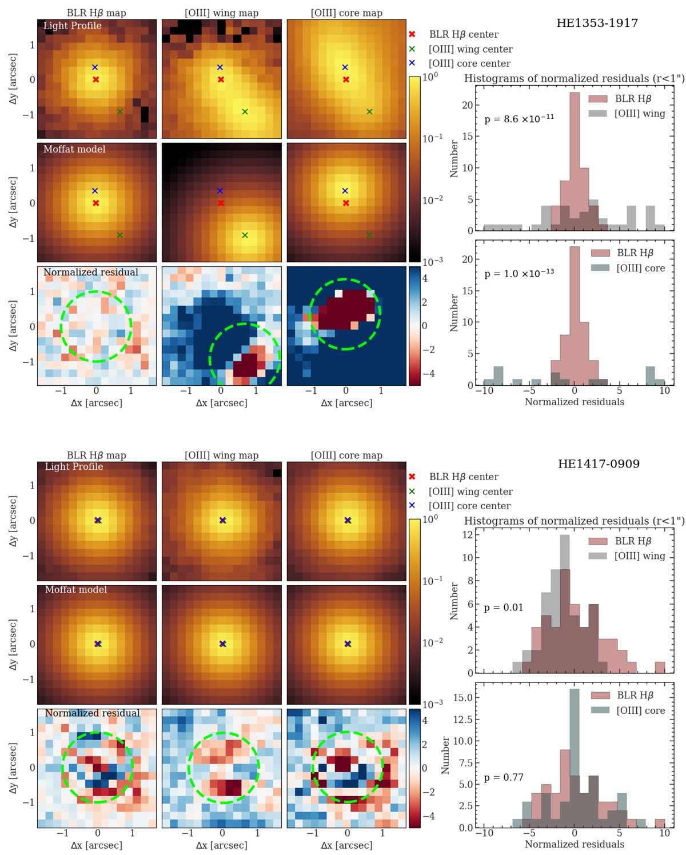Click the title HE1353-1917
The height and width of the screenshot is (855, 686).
(597, 23)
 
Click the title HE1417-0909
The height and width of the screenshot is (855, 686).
(599, 464)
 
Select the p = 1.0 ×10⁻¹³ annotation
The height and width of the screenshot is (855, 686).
(519, 274)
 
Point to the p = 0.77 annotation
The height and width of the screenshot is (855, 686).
(504, 777)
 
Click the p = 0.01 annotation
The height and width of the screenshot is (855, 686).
(504, 608)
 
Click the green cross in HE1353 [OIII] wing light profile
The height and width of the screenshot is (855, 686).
(245, 112)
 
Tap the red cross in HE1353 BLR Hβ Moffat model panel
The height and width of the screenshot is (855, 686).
(96, 203)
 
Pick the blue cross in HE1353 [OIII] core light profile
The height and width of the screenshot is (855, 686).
(345, 67)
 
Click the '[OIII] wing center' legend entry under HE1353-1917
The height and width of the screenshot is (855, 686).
(470, 49)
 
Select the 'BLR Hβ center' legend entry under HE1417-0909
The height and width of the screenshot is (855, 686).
(463, 477)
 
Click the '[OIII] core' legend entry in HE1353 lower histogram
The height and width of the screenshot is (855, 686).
(640, 268)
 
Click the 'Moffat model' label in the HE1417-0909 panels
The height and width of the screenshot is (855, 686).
(76, 590)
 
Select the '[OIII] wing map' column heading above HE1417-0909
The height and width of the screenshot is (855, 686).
(221, 456)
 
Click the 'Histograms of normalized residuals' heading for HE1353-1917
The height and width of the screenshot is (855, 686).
(574, 79)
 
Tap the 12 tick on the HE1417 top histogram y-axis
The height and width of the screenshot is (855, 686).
(468, 535)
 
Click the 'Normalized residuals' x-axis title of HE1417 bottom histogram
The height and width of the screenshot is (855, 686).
(574, 844)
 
